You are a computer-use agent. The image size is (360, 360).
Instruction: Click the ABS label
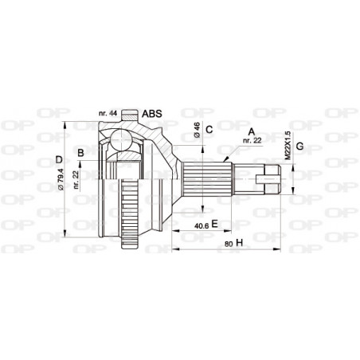tap(151, 114)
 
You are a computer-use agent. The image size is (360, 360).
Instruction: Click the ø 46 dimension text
tap(196, 131)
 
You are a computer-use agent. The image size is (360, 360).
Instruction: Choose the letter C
tap(209, 129)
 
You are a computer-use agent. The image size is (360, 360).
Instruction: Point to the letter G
tap(299, 146)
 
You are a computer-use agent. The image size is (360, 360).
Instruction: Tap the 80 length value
tap(228, 244)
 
